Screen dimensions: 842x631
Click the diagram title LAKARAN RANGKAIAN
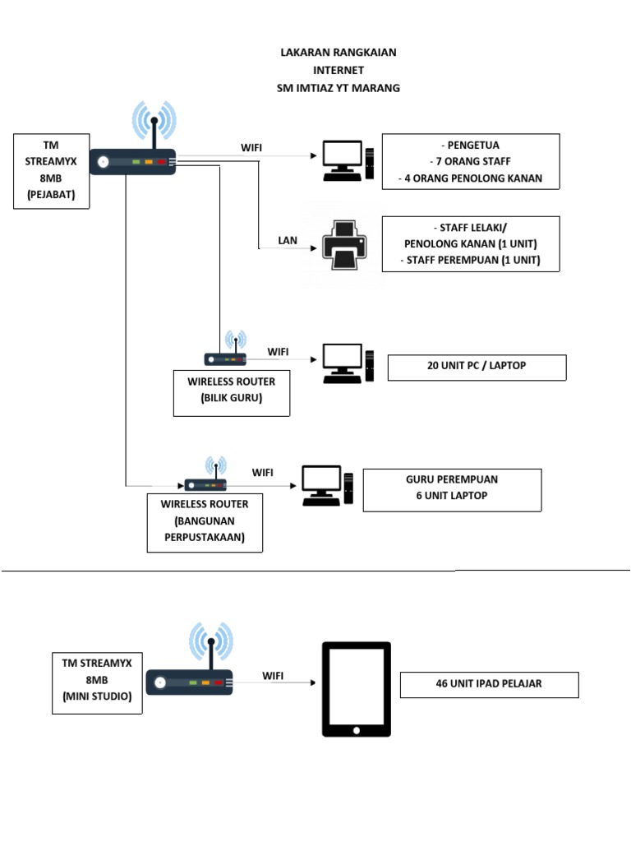click(x=338, y=53)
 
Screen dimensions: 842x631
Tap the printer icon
click(x=344, y=244)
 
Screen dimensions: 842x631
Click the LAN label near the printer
click(x=288, y=241)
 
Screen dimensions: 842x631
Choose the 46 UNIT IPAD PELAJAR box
click(x=489, y=684)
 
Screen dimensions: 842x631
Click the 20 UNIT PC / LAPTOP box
click(x=477, y=367)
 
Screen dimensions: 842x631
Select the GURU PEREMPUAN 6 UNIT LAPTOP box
click(x=452, y=489)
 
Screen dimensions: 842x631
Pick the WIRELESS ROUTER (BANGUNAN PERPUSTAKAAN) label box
click(x=205, y=522)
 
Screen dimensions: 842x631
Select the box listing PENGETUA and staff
click(x=470, y=161)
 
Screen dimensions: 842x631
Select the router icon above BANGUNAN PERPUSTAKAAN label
click(x=205, y=483)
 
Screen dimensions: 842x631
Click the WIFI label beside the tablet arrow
click(x=274, y=675)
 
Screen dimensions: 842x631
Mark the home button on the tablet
click(x=357, y=729)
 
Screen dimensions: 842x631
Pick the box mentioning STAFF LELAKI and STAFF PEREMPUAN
click(x=470, y=244)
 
